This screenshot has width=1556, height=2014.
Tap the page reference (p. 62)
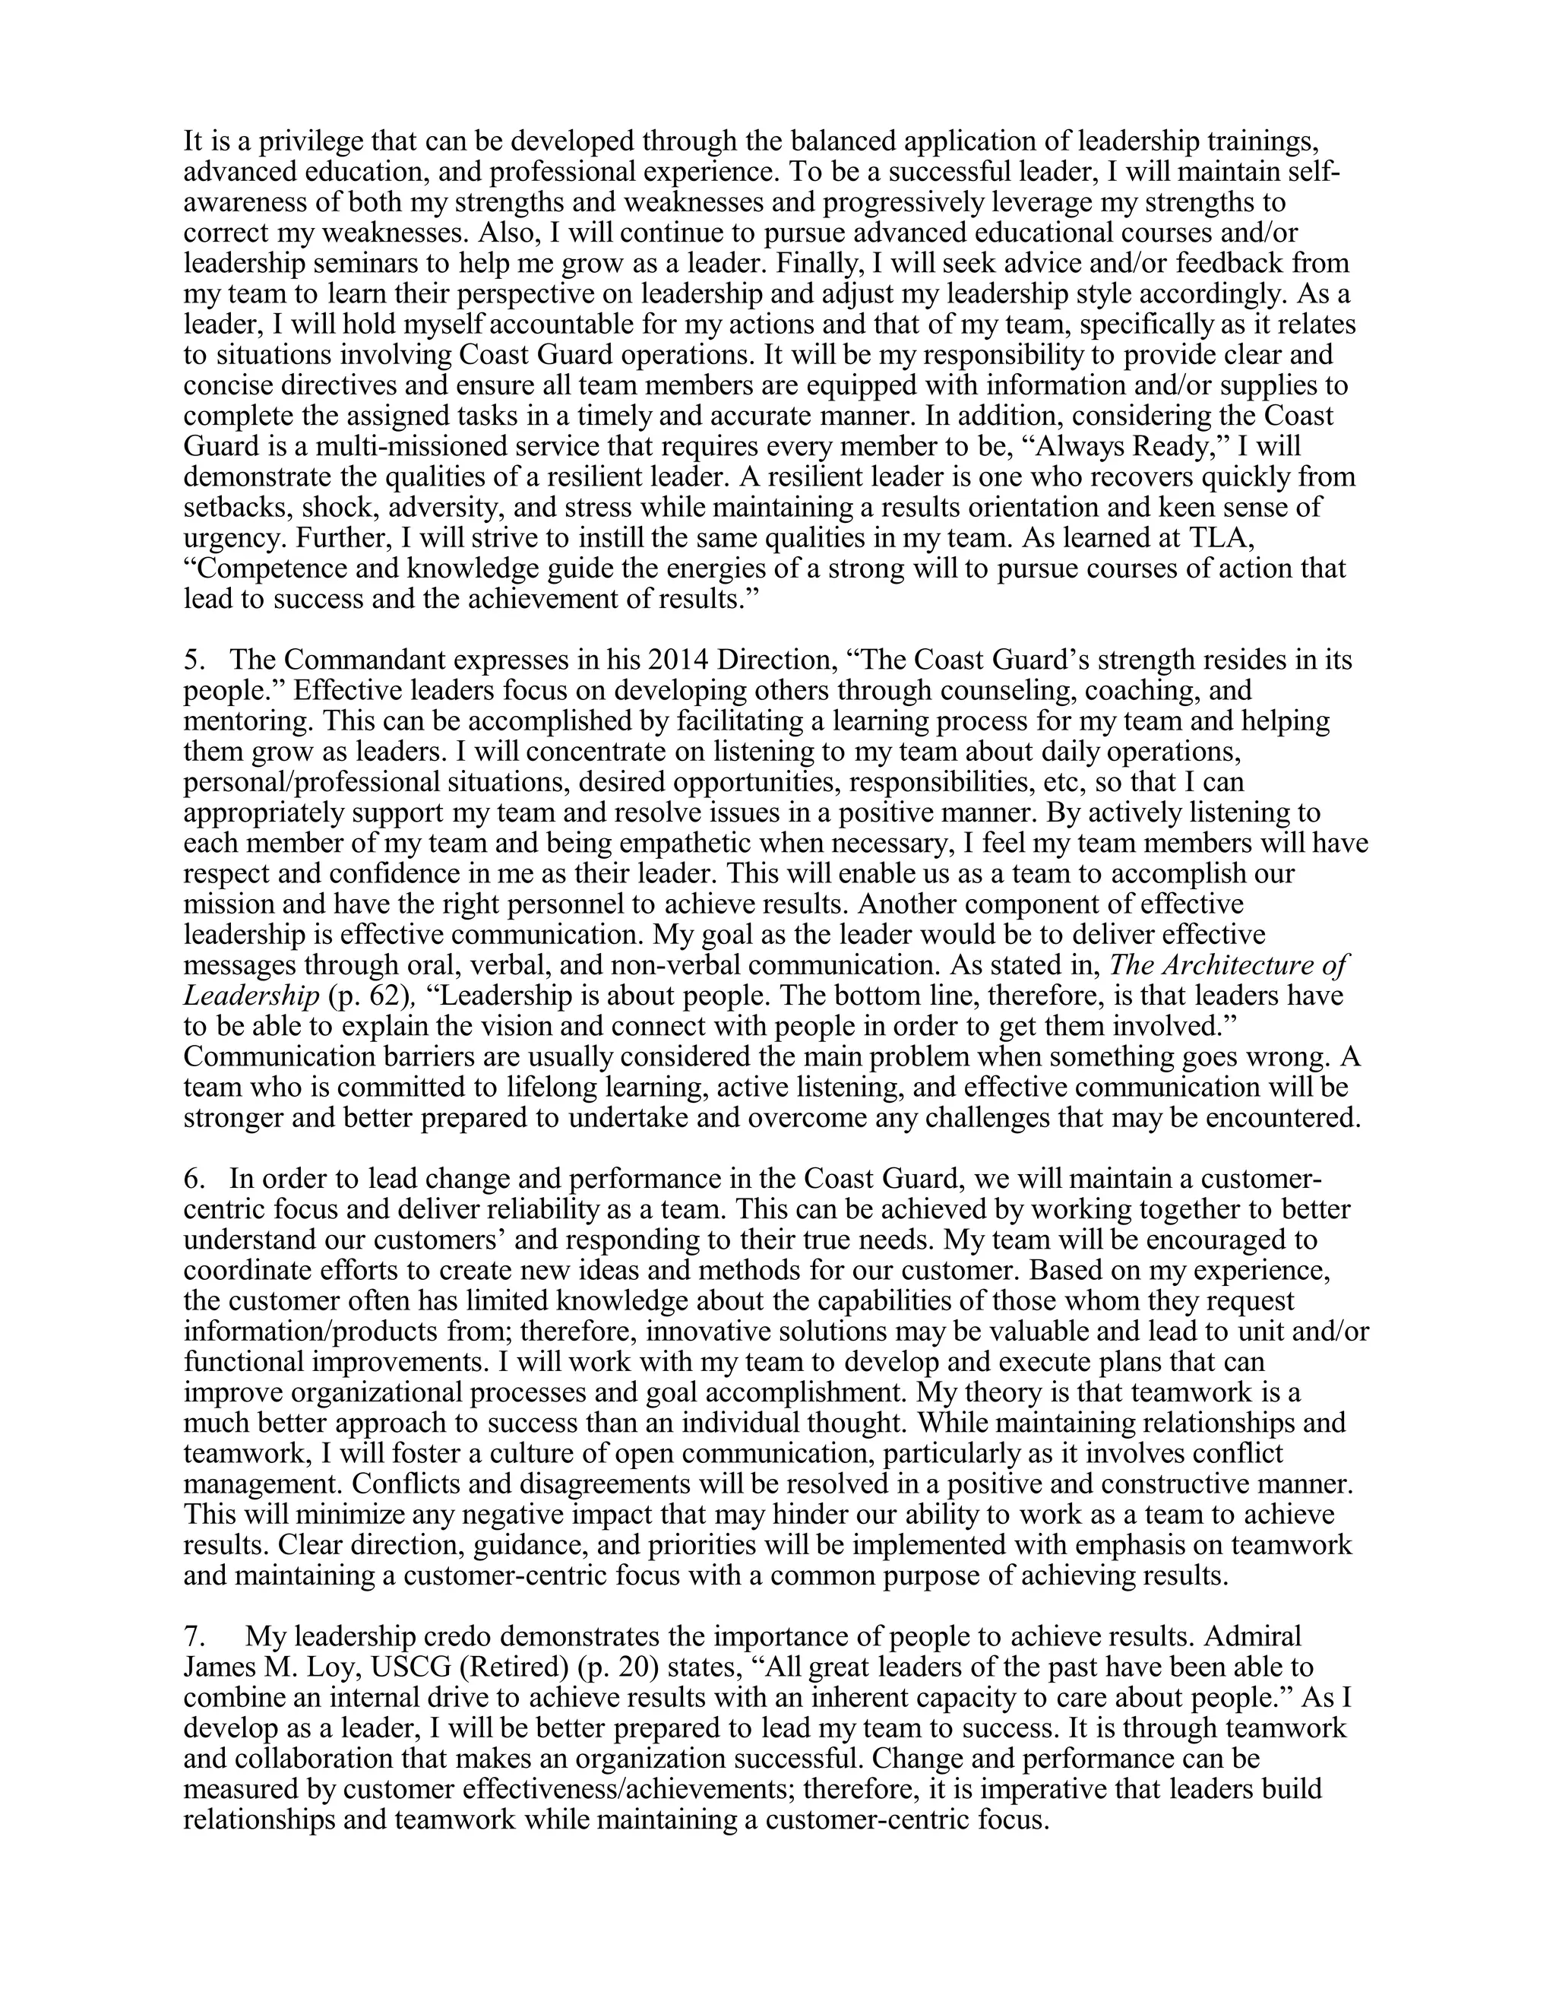click(x=367, y=996)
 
